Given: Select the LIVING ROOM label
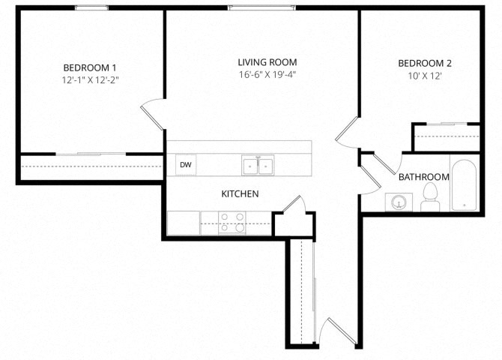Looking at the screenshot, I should pos(267,62).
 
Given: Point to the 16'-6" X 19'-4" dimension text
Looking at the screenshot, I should pos(267,75).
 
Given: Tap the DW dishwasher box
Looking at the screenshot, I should pos(185,165).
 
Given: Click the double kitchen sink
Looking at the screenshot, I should pos(258,165).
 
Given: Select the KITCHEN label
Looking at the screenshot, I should pos(240,194).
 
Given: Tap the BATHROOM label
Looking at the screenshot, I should pos(423,178).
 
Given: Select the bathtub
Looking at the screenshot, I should pos(462,184).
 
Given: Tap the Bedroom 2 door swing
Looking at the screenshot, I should pos(348,133).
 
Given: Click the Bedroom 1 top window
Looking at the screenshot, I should pos(91,8).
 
